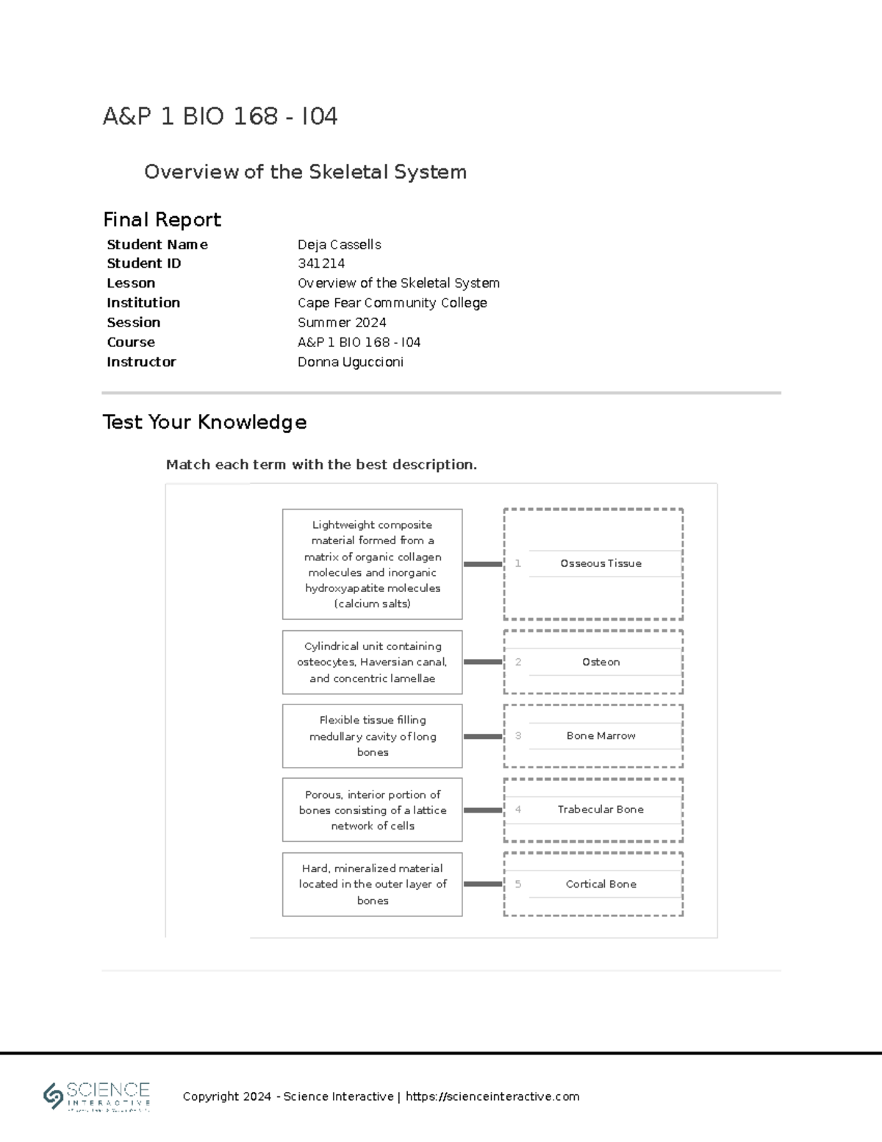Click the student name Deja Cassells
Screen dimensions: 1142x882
tap(339, 244)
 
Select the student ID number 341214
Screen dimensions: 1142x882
tap(321, 263)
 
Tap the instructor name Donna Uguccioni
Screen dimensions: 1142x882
tap(350, 362)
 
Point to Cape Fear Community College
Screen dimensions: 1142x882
tap(392, 303)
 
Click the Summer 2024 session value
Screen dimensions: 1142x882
tap(342, 322)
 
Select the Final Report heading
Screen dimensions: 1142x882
tap(162, 219)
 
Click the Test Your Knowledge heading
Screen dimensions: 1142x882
tap(204, 421)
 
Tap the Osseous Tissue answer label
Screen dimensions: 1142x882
tap(600, 563)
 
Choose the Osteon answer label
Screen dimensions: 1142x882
tap(600, 662)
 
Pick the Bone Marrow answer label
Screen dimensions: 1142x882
tap(600, 735)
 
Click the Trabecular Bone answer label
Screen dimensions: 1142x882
tap(600, 809)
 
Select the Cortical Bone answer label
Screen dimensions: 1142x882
tap(600, 884)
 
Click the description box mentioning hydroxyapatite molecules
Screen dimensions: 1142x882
tap(372, 564)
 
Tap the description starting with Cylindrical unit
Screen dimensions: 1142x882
tap(372, 662)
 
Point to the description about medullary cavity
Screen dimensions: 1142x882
tap(372, 736)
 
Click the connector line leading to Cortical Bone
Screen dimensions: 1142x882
tap(483, 884)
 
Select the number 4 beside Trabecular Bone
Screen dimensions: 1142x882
tap(518, 809)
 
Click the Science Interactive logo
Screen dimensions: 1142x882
tap(97, 1096)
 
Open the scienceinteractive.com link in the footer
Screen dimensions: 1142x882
tap(492, 1096)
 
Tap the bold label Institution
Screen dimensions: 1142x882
tap(143, 303)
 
